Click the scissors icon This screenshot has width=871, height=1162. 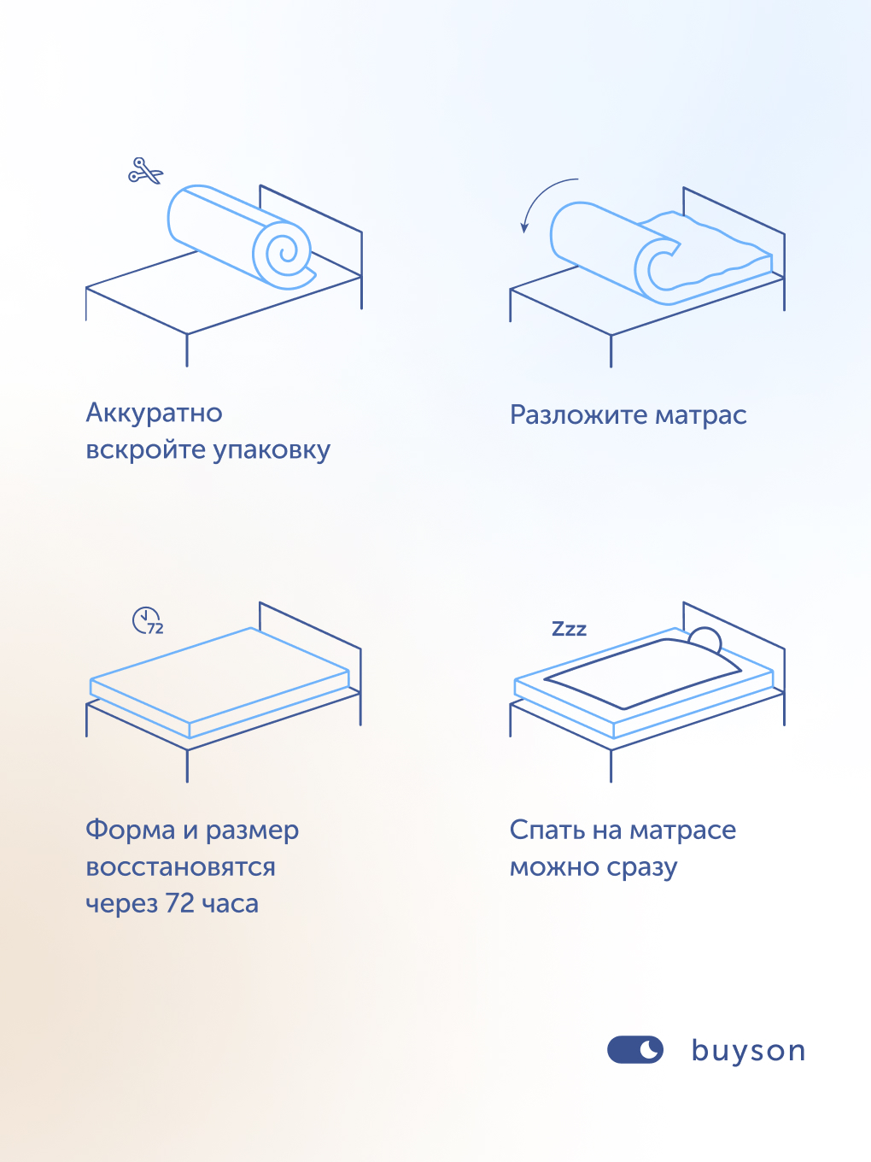[x=145, y=171]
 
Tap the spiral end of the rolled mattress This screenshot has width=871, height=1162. [x=284, y=253]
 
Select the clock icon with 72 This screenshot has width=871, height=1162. [x=147, y=620]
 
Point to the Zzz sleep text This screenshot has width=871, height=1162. [x=569, y=630]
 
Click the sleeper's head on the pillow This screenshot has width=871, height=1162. [x=705, y=640]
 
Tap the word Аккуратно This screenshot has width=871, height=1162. [x=154, y=414]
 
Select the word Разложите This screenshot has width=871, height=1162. [x=578, y=415]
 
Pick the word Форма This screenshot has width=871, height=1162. [x=130, y=830]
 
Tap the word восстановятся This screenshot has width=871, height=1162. [x=180, y=867]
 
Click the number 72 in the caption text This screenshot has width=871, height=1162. [x=179, y=904]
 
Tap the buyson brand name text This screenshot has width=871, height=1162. [x=748, y=1050]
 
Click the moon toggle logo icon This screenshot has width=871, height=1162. [x=634, y=1050]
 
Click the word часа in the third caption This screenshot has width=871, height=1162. [x=230, y=904]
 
